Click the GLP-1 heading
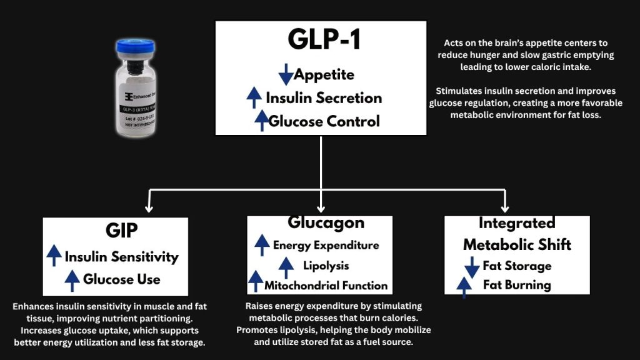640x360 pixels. click(x=321, y=39)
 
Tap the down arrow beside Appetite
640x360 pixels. click(x=286, y=74)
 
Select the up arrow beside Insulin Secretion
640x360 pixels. click(x=254, y=97)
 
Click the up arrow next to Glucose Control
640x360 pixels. click(x=261, y=119)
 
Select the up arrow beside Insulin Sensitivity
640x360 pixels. click(x=54, y=256)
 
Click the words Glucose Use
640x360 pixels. click(x=121, y=279)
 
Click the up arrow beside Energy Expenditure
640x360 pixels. click(x=262, y=244)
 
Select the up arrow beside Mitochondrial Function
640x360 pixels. click(x=255, y=281)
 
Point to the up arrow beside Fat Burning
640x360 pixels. click(x=464, y=286)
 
